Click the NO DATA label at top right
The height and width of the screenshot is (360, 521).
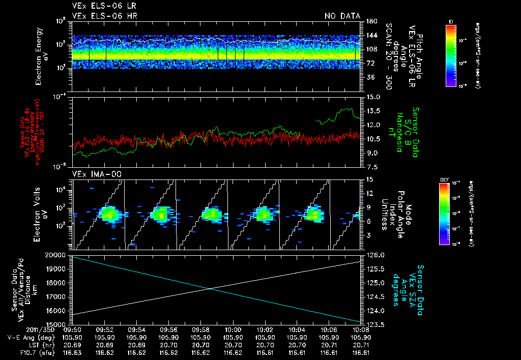342,16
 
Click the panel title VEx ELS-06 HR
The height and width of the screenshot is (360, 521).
105,16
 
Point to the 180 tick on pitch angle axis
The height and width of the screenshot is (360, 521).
371,21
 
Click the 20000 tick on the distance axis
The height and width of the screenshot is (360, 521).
60,255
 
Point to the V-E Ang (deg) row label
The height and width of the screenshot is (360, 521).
29,337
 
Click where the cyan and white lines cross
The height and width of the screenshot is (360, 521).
209,289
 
